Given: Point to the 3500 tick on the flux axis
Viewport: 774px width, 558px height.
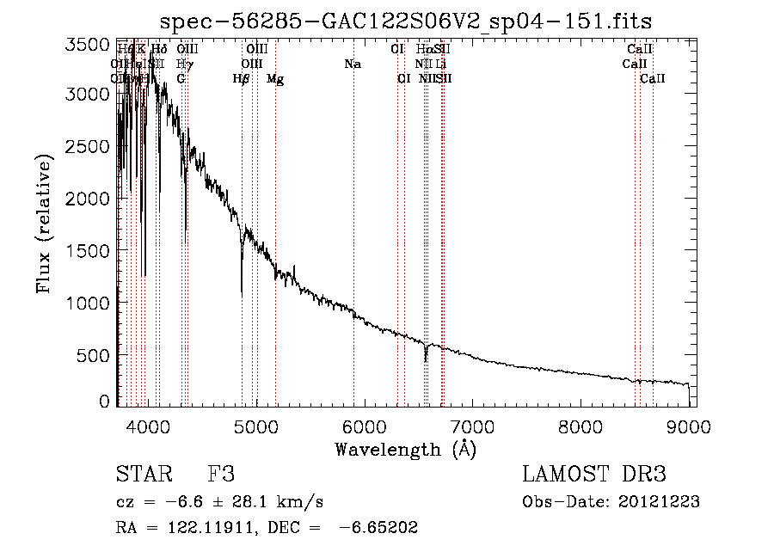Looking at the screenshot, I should click(x=88, y=45).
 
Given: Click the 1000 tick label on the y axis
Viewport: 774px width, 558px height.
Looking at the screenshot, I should click(x=88, y=303).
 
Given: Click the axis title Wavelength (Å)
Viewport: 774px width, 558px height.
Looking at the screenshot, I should click(x=405, y=448).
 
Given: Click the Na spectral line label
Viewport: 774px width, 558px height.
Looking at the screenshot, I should click(x=352, y=64).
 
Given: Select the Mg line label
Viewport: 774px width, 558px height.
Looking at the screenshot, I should click(x=275, y=79).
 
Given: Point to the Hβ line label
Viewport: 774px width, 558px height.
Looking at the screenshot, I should click(x=242, y=79).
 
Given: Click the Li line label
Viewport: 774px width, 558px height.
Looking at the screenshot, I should click(x=440, y=64).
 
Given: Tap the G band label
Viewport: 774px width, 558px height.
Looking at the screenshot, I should click(x=181, y=79).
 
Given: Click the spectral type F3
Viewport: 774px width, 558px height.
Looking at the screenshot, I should click(x=221, y=475).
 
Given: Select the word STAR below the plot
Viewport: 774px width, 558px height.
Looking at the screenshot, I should click(x=141, y=475).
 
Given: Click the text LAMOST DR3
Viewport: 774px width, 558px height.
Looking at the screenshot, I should click(x=594, y=475).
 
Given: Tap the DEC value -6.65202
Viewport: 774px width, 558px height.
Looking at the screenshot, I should click(x=379, y=528).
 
